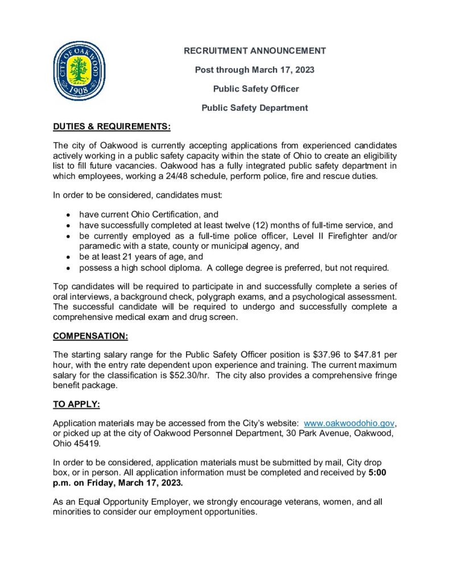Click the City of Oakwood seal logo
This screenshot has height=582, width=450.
pos(80,71)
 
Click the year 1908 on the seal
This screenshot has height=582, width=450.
pos(80,90)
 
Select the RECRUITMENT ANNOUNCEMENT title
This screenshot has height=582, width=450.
pos(254,51)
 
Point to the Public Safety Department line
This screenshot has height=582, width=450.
pos(254,107)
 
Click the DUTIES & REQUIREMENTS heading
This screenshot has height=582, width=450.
pos(112,126)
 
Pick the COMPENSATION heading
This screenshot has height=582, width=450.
pos(90,336)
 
